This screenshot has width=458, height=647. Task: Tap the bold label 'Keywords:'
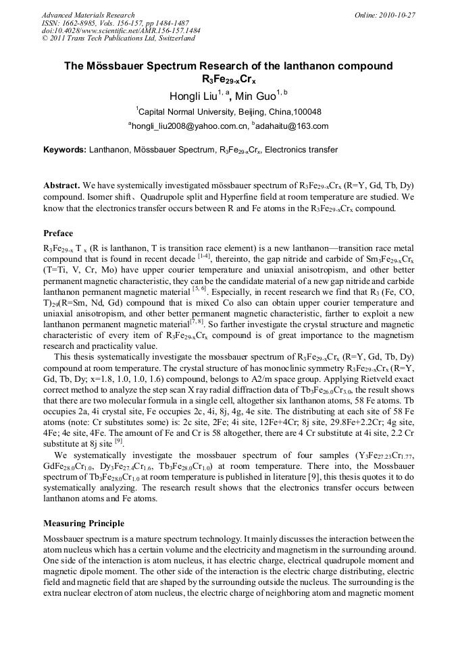pos(65,150)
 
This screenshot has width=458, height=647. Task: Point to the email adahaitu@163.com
pos(293,126)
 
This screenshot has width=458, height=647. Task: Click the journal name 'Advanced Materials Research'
pos(88,15)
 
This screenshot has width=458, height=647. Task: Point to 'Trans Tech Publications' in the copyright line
pos(119,38)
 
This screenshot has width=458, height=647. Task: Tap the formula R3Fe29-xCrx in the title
pos(229,80)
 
